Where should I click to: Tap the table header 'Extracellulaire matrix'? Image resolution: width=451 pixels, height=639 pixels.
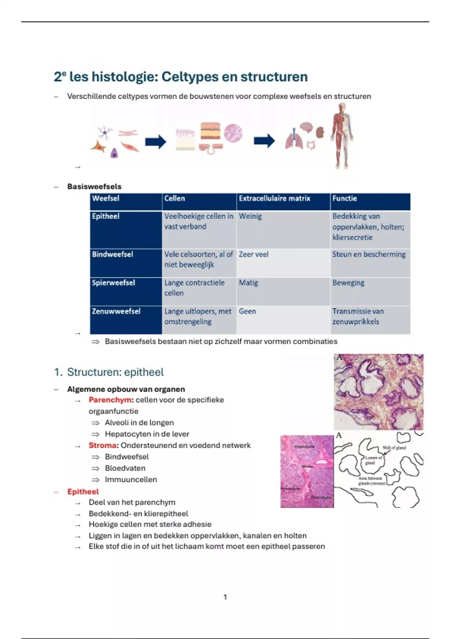(x=274, y=198)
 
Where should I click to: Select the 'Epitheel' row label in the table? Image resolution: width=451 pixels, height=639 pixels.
(x=106, y=217)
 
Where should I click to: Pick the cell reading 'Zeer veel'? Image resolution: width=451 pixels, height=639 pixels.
(x=254, y=254)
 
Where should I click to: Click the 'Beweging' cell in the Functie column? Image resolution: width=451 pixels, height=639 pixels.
(x=348, y=283)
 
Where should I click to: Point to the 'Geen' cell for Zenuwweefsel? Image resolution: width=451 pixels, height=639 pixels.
(x=247, y=311)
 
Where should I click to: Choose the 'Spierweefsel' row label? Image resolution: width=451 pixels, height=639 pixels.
(x=113, y=283)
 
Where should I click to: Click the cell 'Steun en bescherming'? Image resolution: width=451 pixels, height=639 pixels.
(x=369, y=254)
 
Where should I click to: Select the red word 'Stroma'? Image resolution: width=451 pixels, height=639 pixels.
(x=102, y=445)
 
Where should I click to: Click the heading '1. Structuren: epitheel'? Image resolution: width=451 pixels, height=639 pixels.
(x=109, y=372)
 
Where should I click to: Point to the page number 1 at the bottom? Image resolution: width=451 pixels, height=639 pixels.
(x=225, y=597)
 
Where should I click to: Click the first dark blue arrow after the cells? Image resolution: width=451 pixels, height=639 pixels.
(x=156, y=142)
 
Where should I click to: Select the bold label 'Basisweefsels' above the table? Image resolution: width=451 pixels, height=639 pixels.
(x=94, y=186)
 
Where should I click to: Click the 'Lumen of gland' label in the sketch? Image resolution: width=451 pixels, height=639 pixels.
(x=373, y=460)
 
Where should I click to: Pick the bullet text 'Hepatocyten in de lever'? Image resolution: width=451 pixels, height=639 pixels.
(x=147, y=434)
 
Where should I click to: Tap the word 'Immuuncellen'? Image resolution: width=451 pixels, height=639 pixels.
(x=131, y=480)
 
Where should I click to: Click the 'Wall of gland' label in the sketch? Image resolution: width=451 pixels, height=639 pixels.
(x=394, y=448)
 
